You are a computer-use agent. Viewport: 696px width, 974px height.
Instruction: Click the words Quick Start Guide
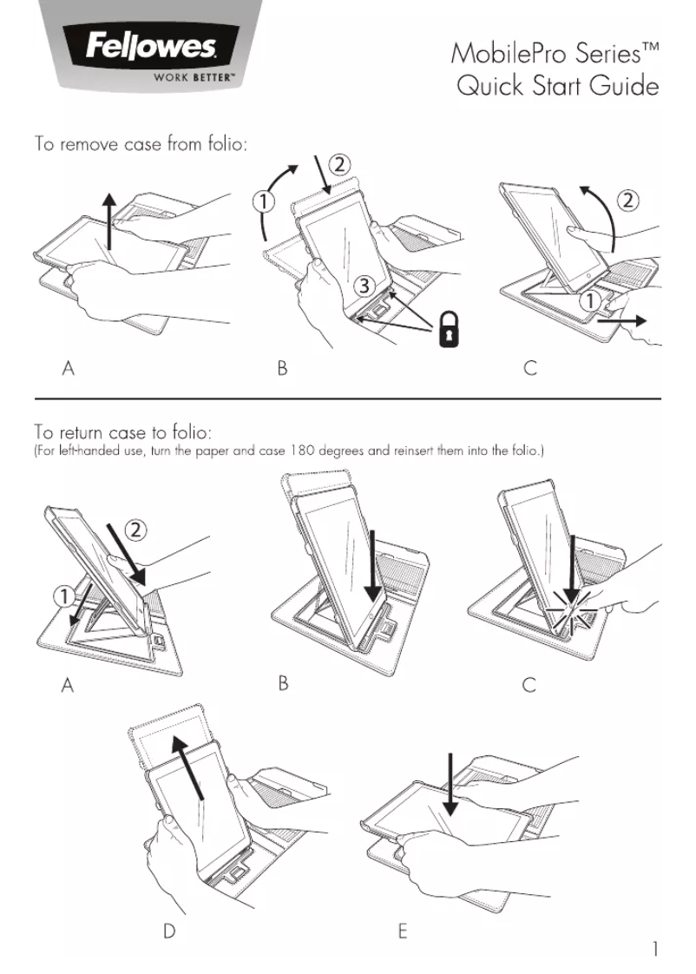[x=557, y=88]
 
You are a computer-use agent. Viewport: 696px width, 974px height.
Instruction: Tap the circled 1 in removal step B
[x=265, y=201]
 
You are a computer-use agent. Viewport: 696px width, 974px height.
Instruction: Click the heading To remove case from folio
[x=141, y=143]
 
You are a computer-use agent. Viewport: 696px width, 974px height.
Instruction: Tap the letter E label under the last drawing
[x=403, y=931]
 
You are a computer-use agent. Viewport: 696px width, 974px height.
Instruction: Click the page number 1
[x=655, y=949]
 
